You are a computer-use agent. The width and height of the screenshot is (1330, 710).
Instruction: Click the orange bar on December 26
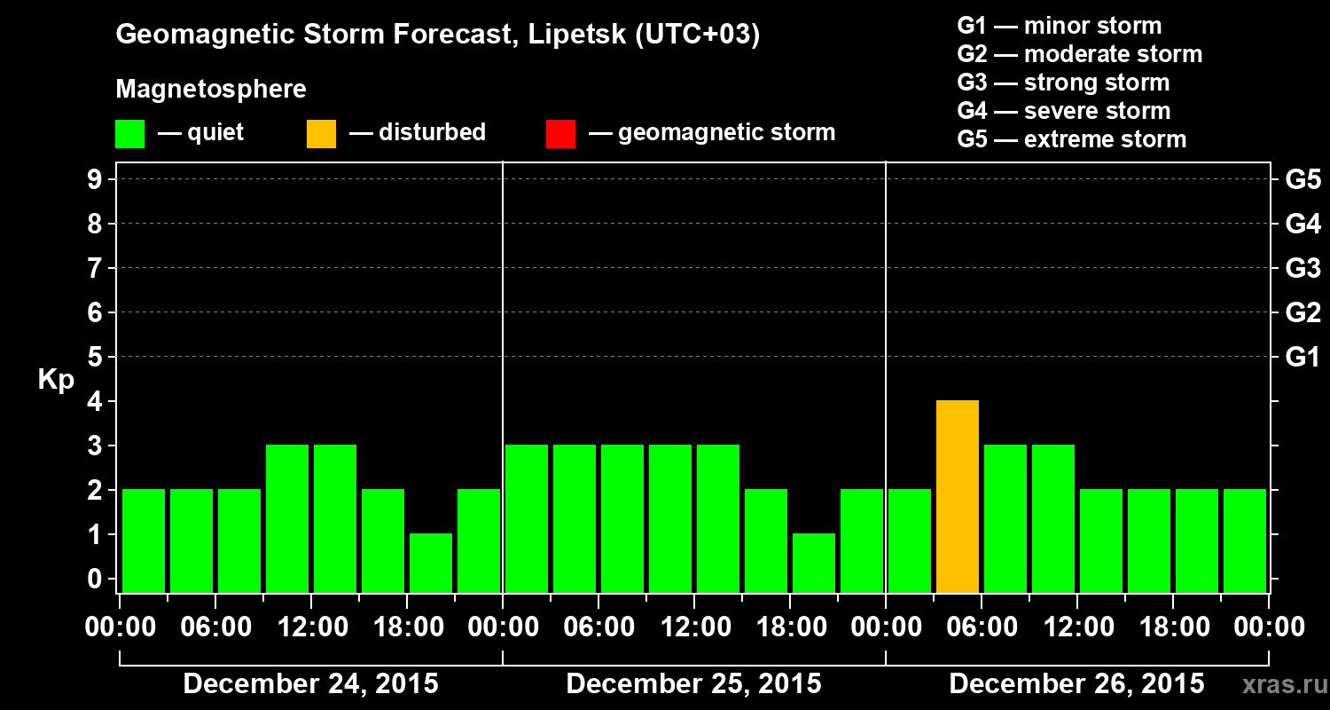(958, 496)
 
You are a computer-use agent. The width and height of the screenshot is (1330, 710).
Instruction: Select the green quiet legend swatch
(129, 133)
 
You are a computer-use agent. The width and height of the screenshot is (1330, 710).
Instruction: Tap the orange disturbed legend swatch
(321, 133)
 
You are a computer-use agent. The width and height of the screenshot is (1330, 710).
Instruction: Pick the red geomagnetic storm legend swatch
(560, 133)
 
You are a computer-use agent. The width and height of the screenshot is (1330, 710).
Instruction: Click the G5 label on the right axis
(1303, 179)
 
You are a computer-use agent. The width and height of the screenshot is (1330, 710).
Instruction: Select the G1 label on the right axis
(1303, 357)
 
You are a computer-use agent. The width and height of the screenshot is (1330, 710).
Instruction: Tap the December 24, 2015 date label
(310, 684)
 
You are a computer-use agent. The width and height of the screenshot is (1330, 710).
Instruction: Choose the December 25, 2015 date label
(693, 684)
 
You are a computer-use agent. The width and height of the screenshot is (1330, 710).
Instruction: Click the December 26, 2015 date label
(1076, 684)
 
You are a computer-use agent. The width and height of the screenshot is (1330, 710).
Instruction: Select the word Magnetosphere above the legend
(211, 90)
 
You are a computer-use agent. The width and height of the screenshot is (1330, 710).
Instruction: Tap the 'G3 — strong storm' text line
(1063, 83)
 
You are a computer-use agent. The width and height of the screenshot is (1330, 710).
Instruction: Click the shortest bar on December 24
(431, 563)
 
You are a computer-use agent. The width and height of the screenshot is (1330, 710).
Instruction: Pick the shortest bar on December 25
(814, 563)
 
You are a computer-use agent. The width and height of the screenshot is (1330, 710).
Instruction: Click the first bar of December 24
(144, 540)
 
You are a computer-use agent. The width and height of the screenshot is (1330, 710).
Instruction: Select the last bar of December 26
(1245, 540)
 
